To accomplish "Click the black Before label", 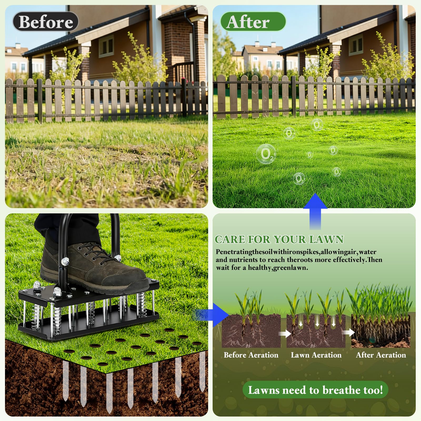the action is [46, 22].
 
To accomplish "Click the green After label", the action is [253, 22].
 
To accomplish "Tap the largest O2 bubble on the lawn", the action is [266, 154].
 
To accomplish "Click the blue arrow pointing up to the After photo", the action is [315, 211].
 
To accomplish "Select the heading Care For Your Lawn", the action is [279, 239].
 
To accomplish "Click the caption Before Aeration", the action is [251, 355].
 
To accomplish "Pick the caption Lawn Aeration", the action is [316, 355].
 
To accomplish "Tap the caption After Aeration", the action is [381, 355].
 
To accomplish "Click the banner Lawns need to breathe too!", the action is [315, 390].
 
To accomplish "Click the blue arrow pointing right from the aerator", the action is [212, 315].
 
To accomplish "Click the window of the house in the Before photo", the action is [106, 46].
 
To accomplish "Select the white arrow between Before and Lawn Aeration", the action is [285, 334].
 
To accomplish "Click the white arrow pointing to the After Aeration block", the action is [348, 333].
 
